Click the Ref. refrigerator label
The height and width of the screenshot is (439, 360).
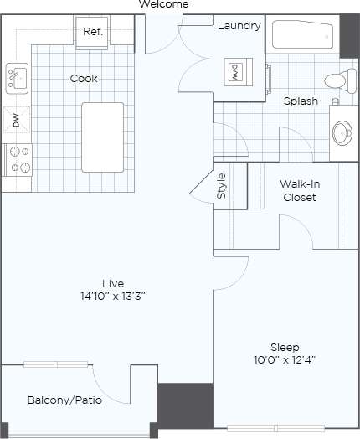coord(92,32)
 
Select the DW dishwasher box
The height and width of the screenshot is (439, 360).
coord(15,121)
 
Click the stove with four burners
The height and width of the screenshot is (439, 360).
coord(17,160)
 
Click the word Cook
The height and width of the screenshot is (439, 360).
coord(84,79)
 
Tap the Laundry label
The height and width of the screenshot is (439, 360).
coord(239,26)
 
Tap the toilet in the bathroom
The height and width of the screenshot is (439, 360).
coord(337,82)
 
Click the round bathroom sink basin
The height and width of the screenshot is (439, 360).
coord(342,133)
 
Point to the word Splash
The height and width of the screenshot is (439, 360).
coord(301,101)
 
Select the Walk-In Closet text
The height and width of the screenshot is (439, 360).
coord(298,191)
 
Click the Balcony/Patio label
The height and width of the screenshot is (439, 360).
coord(64,400)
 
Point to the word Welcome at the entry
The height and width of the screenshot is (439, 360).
coord(163,5)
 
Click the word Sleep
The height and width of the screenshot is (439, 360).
coord(282,347)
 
